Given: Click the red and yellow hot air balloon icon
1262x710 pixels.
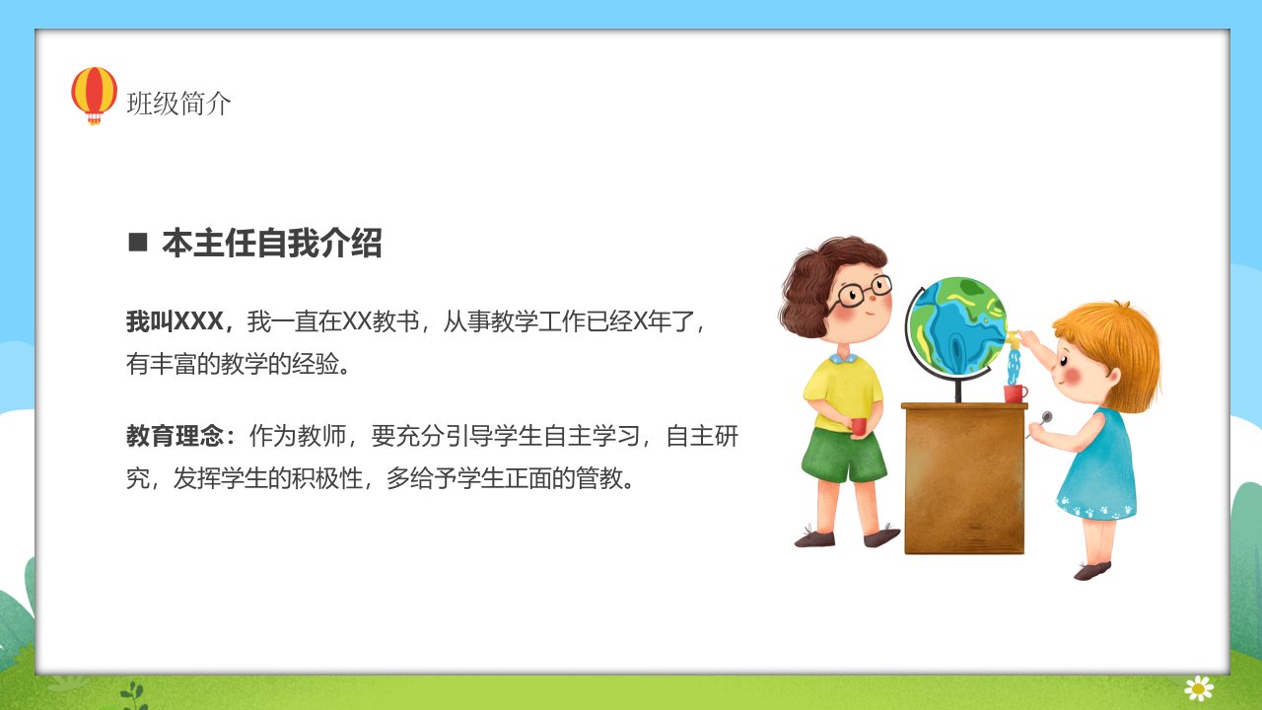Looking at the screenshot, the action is [x=94, y=96].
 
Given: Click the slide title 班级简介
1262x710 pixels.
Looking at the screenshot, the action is [x=178, y=104].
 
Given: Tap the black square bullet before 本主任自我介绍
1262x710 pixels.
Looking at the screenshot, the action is [x=138, y=243].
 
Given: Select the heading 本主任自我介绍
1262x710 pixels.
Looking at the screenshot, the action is [x=271, y=243].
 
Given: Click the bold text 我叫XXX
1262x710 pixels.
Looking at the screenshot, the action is [x=175, y=321].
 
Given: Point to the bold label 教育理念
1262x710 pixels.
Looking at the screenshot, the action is [x=175, y=436].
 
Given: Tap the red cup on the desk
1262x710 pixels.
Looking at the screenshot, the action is [x=1016, y=393].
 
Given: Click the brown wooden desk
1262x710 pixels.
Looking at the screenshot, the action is [x=964, y=478].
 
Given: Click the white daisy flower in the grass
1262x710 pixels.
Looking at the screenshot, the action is [x=1199, y=688].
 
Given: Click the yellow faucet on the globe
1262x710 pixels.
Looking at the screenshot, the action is [x=1013, y=338].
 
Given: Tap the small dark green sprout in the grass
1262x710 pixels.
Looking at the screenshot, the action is [x=133, y=696].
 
